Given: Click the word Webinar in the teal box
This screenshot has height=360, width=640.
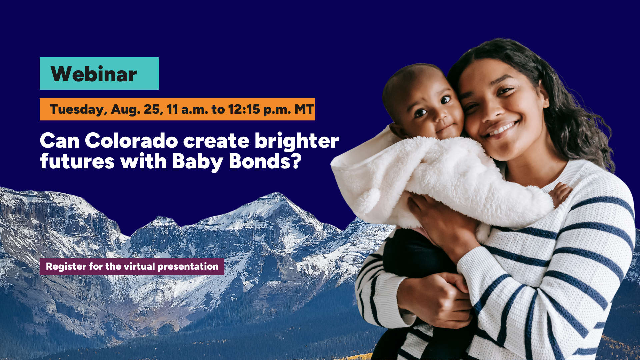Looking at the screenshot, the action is pyautogui.click(x=94, y=74).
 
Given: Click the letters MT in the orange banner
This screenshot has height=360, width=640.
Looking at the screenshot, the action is pyautogui.click(x=304, y=109).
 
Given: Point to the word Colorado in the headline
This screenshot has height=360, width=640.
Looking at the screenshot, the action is pyautogui.click(x=131, y=140).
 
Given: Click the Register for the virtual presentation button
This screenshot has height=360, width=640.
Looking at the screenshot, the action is pyautogui.click(x=132, y=267).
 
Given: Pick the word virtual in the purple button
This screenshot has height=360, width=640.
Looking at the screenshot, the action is pyautogui.click(x=140, y=266).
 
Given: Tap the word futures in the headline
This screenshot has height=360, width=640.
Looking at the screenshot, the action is pyautogui.click(x=77, y=161).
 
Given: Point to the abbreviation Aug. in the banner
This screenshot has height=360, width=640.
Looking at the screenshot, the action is pyautogui.click(x=126, y=110).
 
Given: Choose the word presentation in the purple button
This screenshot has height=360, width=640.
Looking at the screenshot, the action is pyautogui.click(x=188, y=267).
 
